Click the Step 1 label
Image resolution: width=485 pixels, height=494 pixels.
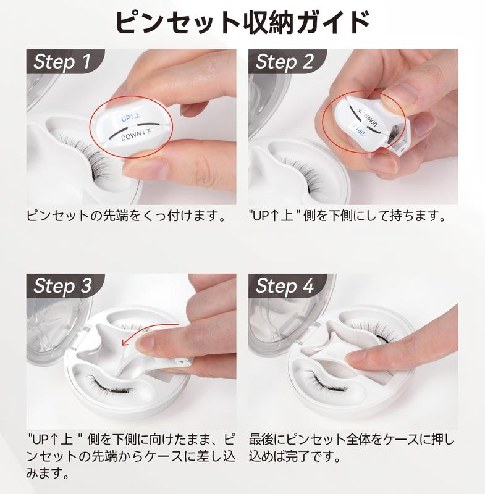[x=62, y=61]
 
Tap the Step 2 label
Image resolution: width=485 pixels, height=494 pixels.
[x=284, y=61]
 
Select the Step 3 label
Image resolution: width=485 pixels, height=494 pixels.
[x=62, y=286]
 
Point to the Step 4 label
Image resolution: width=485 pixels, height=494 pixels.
[x=284, y=286]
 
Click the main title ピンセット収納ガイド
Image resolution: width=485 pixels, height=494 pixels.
[x=242, y=22]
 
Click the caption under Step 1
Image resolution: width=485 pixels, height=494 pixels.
[x=127, y=216]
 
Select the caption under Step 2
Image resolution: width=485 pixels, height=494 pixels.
[x=347, y=216]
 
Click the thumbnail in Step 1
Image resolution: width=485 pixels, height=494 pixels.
[x=148, y=165]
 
